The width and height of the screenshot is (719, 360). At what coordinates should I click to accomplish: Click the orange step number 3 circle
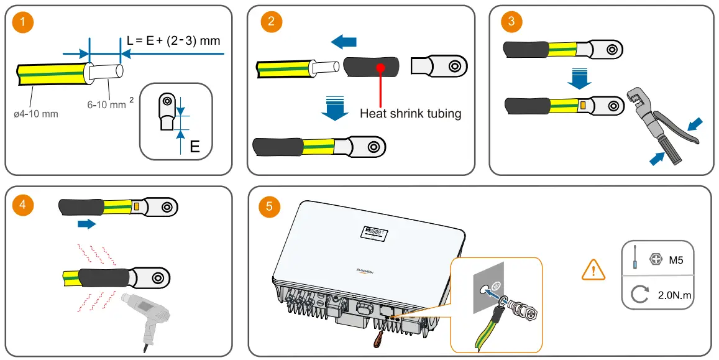511,21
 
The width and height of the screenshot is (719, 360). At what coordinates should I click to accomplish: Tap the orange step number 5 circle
268,206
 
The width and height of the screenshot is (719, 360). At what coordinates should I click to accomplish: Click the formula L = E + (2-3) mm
173,40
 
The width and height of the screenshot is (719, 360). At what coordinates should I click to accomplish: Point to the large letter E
195,147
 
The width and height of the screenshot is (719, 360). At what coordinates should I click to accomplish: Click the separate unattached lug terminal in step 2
439,66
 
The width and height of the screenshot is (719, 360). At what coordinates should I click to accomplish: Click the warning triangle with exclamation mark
593,270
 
